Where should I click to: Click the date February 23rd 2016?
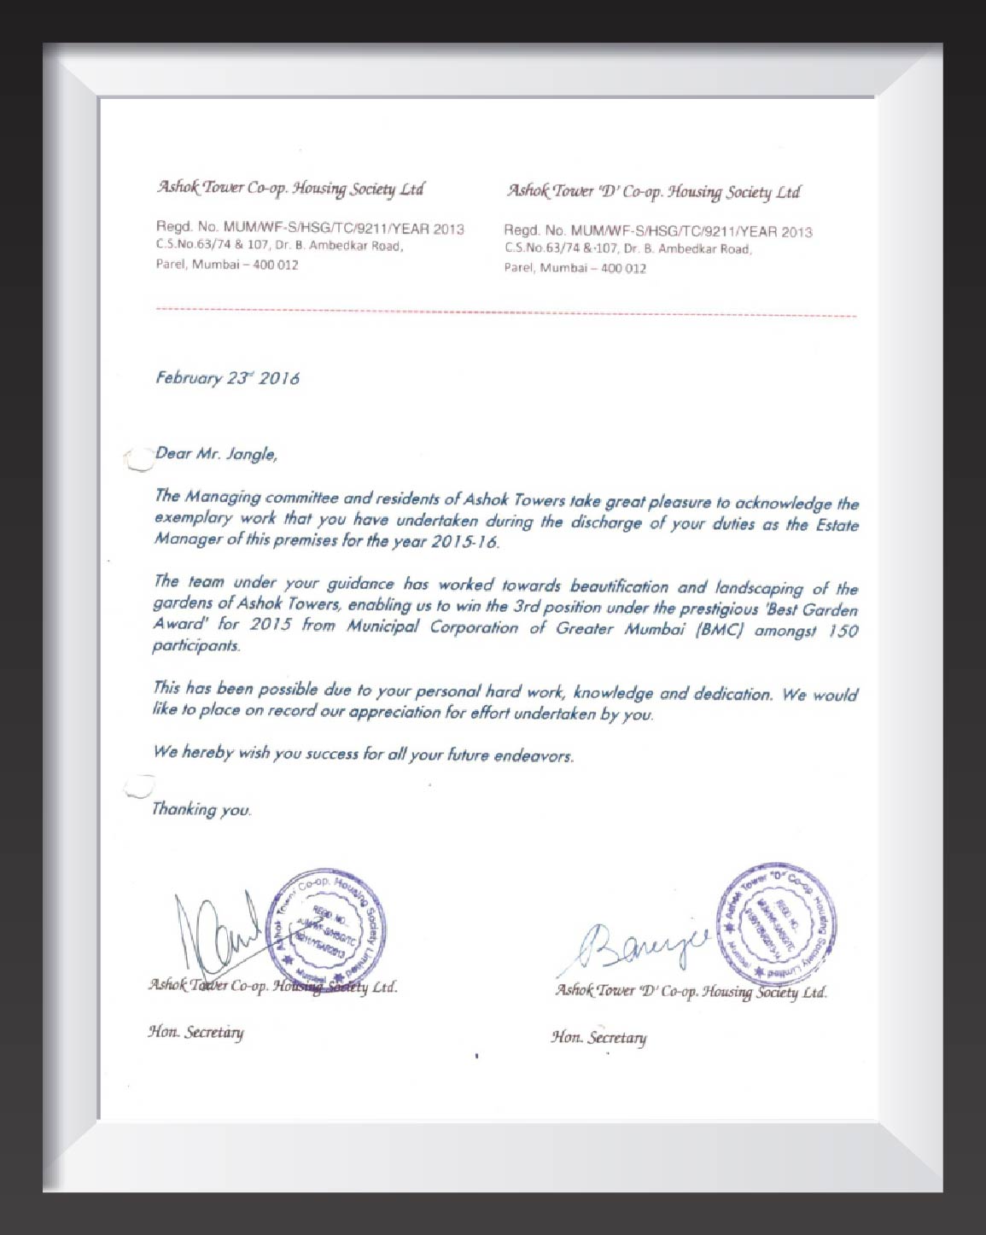pos(227,378)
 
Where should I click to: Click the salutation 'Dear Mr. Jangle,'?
pos(216,454)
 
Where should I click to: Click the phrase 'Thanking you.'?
pos(201,809)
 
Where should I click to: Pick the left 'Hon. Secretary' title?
pos(195,1032)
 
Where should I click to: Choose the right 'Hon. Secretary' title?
pos(598,1037)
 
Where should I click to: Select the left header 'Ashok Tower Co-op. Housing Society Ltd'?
pos(290,188)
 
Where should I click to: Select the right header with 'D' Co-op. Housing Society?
pos(653,191)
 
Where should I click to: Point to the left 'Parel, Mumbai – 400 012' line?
pos(227,265)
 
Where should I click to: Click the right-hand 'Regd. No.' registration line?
pos(657,231)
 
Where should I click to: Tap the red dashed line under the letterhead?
pos(505,311)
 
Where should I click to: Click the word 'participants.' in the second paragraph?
pos(196,646)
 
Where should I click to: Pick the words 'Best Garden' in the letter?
pos(812,609)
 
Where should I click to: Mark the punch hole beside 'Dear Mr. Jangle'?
pos(137,460)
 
